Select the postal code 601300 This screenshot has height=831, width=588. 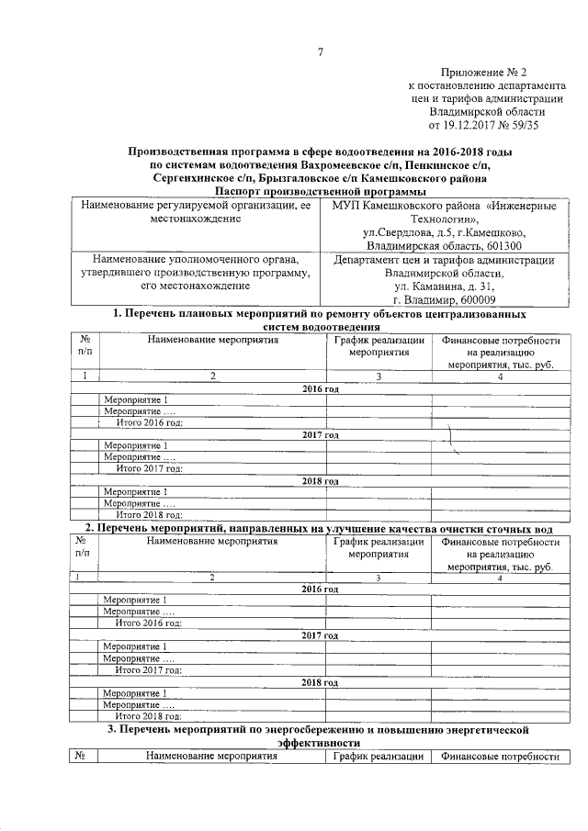(503, 246)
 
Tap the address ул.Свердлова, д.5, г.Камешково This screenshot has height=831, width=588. (444, 233)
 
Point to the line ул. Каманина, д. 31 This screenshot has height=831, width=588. (444, 286)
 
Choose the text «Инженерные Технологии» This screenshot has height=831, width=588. (501, 213)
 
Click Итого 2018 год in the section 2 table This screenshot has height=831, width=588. (148, 715)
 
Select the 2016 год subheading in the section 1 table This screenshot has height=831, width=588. (321, 389)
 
